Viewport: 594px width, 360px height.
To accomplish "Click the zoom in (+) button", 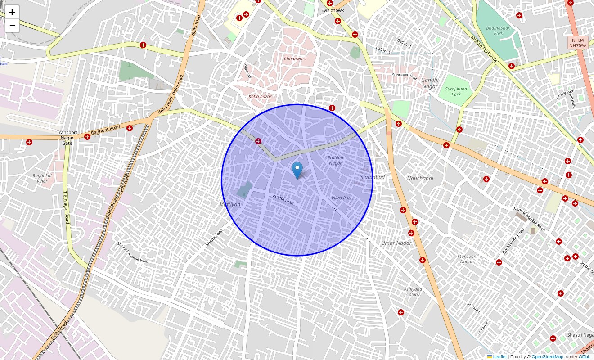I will point(12,12).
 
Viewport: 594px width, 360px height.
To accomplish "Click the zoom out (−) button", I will point(12,26).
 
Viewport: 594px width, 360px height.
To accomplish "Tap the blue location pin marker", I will point(297,171).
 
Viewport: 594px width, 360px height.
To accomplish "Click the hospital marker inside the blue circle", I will point(258,141).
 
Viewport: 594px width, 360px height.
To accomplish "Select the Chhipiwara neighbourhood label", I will point(295,58).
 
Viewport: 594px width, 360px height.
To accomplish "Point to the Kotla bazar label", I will point(260,97).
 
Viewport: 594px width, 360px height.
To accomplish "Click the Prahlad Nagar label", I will point(335,160).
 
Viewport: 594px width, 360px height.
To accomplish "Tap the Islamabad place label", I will point(372,177).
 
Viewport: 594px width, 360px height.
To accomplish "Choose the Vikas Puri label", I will point(341,198).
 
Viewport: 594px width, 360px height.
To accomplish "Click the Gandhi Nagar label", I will point(429,83).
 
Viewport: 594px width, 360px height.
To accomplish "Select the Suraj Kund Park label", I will point(456,91).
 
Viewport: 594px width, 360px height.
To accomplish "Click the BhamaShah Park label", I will point(498,31).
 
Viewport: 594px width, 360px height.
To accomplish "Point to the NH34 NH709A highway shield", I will point(577,43).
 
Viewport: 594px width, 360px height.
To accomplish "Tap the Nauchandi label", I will point(420,178).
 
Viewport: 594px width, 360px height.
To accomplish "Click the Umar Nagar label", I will point(396,243).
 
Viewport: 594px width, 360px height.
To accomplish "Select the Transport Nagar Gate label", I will point(67,138).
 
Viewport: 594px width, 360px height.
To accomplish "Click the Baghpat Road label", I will point(106,130).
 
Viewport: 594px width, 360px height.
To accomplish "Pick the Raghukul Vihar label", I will point(42,178).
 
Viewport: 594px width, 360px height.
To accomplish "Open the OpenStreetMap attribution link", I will point(547,357).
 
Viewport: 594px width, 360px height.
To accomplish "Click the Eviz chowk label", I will point(333,10).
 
